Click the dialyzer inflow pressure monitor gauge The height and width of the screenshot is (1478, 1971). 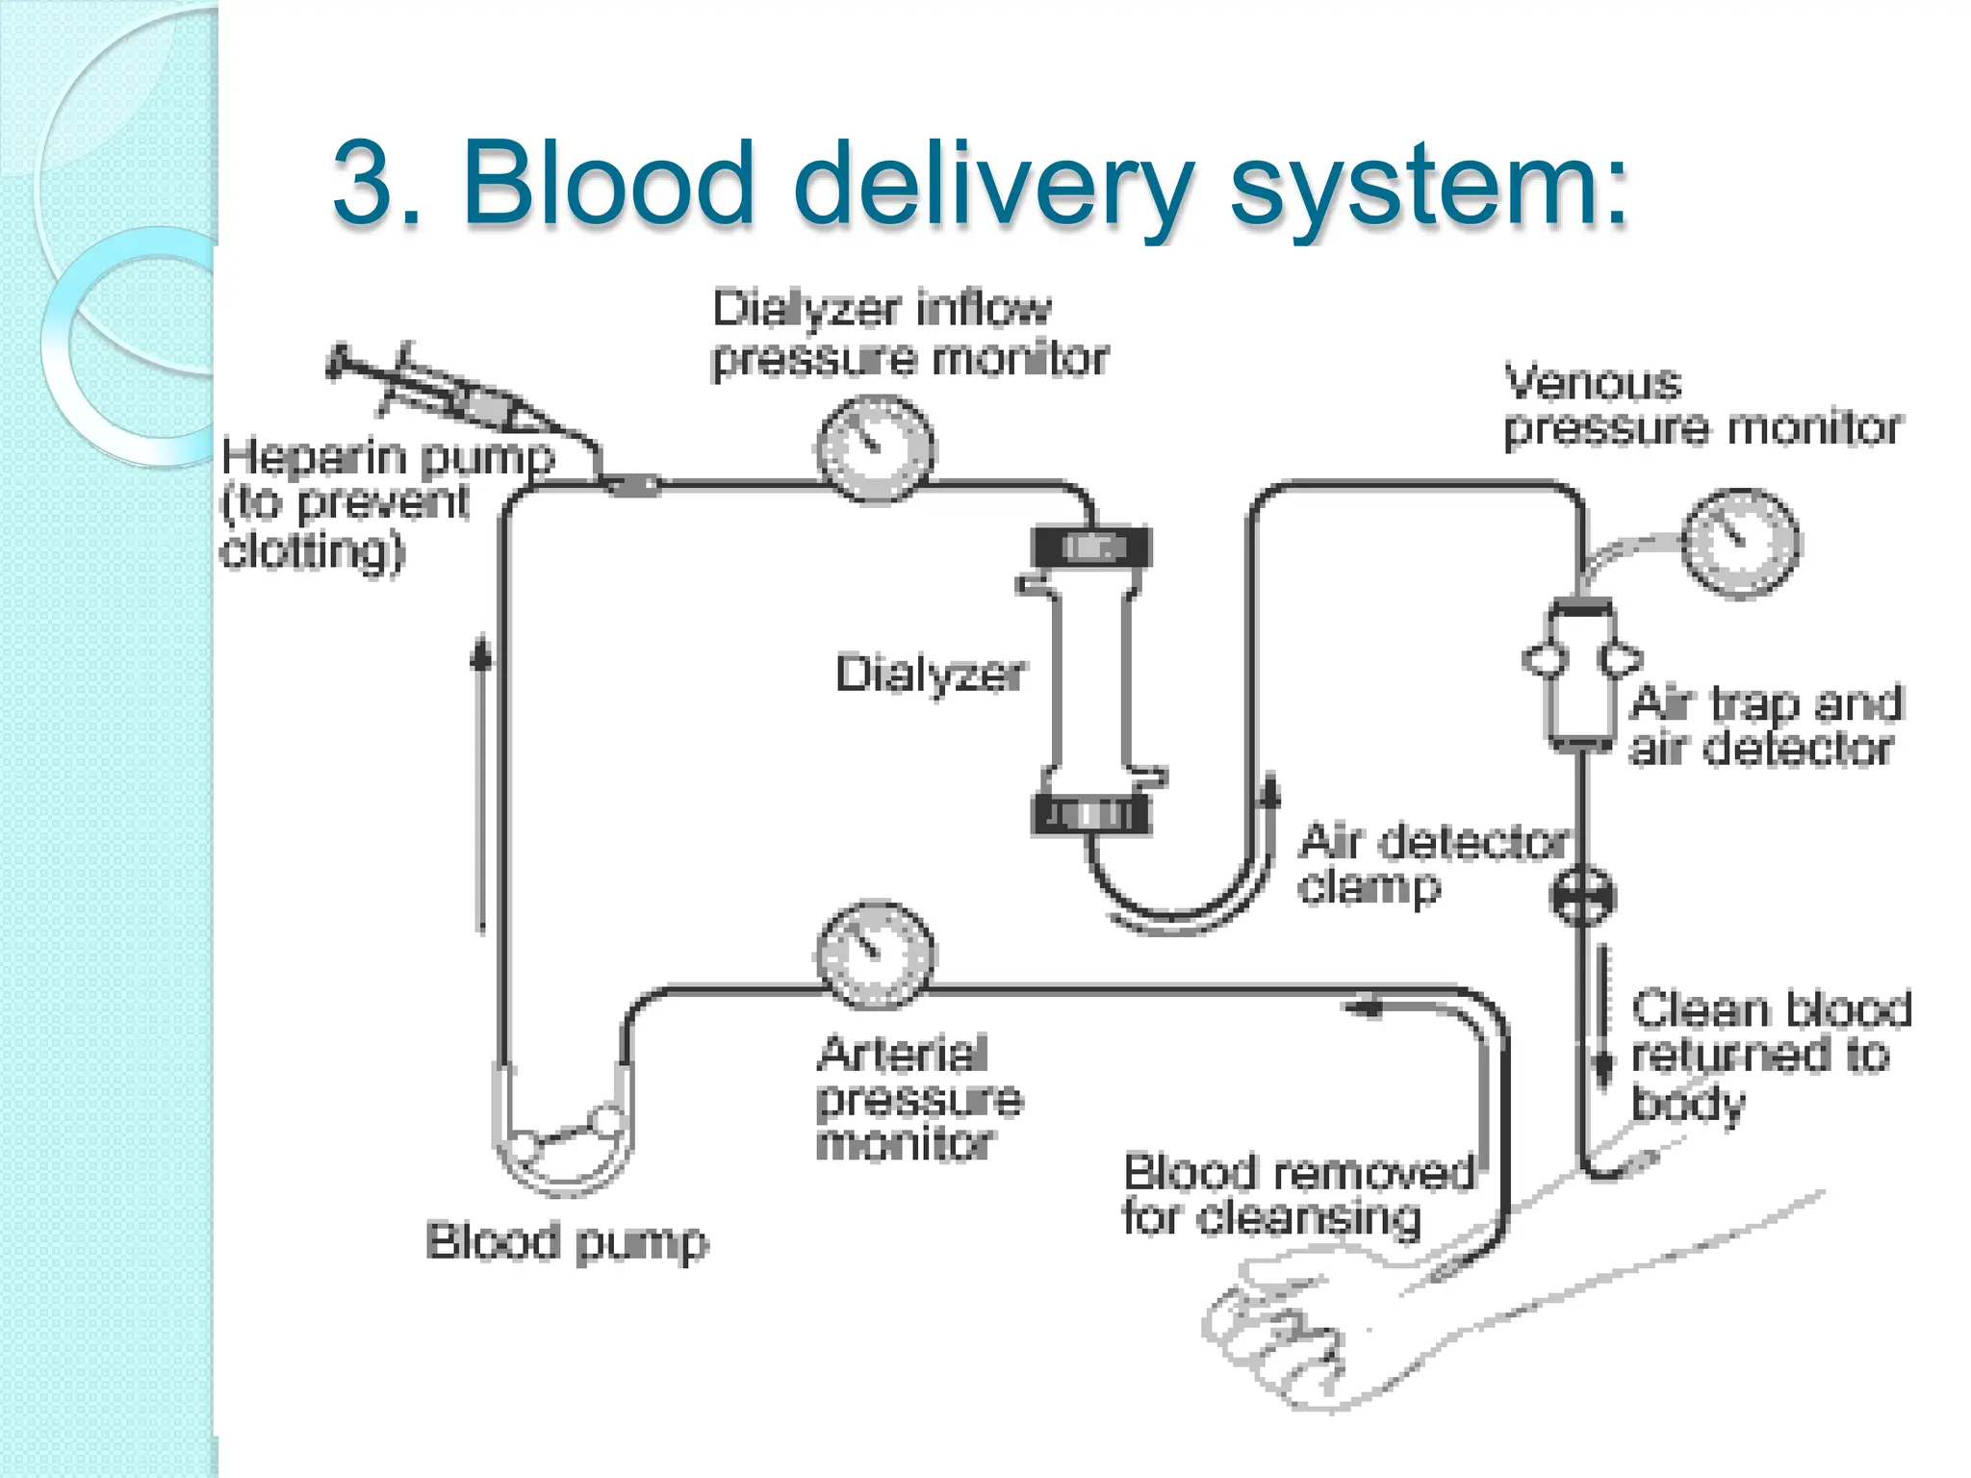click(875, 448)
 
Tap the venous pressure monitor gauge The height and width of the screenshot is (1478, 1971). click(1740, 543)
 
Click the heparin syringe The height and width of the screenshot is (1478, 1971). click(452, 395)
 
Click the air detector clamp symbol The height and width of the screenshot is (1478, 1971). click(1582, 896)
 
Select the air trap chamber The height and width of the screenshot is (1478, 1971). click(1579, 674)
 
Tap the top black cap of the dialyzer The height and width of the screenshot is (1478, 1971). click(1091, 548)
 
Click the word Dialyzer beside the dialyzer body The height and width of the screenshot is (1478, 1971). click(930, 675)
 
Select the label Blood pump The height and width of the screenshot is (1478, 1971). click(566, 1241)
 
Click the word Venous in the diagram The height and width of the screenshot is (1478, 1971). click(1593, 384)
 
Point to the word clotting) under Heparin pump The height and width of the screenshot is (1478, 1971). click(313, 551)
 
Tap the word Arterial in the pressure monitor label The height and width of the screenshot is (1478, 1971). click(902, 1054)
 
